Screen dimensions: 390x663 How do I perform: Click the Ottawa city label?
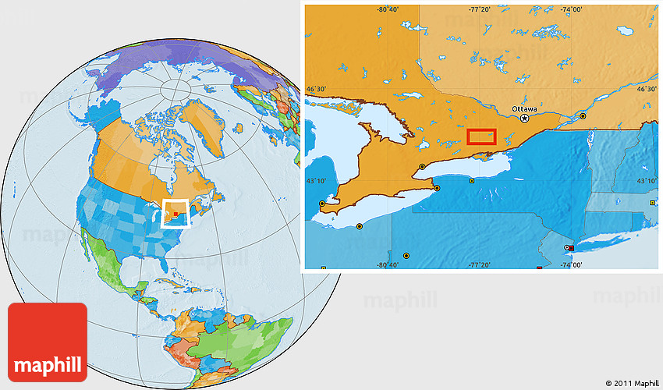pos(524,108)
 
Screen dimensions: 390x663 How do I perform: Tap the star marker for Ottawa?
pos(525,119)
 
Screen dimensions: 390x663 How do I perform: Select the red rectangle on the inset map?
pos(481,136)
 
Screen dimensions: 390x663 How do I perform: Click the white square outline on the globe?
pos(176,213)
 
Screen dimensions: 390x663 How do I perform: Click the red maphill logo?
pos(48,342)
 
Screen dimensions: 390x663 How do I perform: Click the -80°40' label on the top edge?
pos(388,9)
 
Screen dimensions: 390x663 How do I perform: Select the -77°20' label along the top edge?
pos(479,9)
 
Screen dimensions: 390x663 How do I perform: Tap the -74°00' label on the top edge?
pos(571,9)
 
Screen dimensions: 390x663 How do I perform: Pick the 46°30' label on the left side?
pos(316,90)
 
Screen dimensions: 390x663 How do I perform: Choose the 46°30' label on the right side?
pos(647,90)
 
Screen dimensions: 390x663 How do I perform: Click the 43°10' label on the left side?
pos(316,181)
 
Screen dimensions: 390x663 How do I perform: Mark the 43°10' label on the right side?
pos(647,181)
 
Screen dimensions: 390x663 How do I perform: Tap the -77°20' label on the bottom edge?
pos(479,265)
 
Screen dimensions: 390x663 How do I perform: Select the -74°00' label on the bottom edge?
pos(571,265)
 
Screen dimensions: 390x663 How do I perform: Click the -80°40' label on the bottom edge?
pos(388,265)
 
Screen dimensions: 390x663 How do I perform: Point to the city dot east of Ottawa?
pos(583,115)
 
